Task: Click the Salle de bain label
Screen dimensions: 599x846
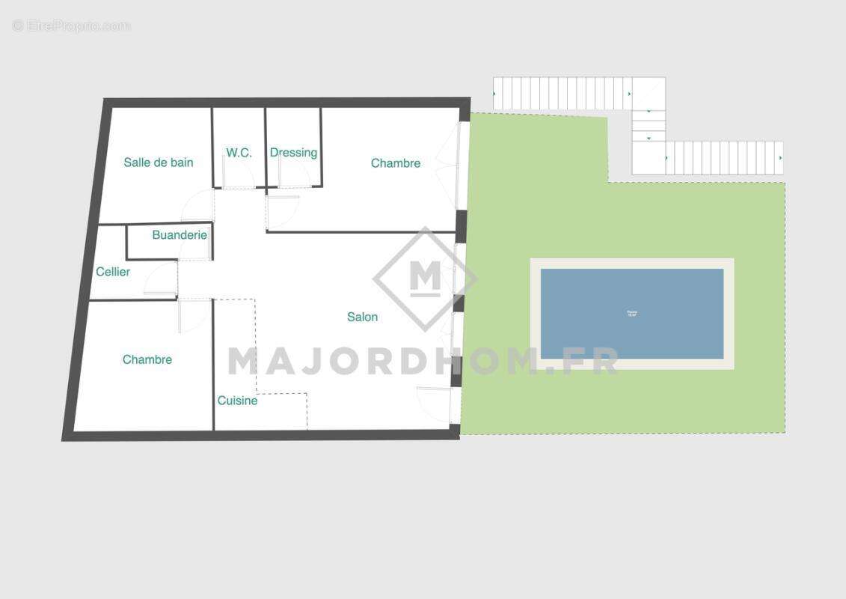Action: [x=159, y=162]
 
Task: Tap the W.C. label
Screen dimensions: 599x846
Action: [x=239, y=153]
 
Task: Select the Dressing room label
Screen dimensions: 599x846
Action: [x=293, y=153]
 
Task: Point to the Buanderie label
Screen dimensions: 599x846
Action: [x=180, y=235]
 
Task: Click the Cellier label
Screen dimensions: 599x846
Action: [x=113, y=272]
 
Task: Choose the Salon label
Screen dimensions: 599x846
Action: [x=362, y=317]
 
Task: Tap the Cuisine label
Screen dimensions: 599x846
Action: [x=237, y=401]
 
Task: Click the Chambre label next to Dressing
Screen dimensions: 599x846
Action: [x=396, y=163]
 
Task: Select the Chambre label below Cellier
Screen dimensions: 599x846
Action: [x=147, y=359]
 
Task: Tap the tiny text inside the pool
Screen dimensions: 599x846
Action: [x=632, y=314]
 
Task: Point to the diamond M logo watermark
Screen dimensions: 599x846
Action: [x=425, y=279]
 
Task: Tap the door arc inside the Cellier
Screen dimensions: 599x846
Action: [x=161, y=280]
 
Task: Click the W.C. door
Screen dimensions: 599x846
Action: [x=238, y=174]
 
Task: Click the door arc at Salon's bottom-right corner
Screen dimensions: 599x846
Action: [x=433, y=404]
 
